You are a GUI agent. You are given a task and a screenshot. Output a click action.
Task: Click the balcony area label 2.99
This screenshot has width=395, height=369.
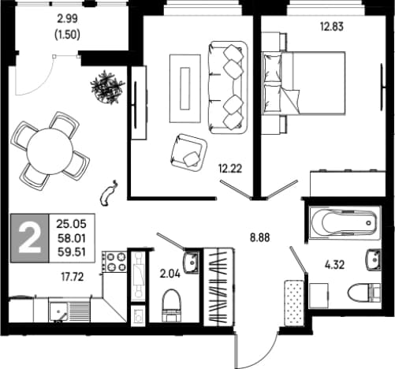click(x=67, y=19)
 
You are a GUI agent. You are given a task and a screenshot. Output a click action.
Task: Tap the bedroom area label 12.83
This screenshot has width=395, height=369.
click(x=332, y=27)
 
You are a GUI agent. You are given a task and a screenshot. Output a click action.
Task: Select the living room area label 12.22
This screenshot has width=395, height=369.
click(x=230, y=169)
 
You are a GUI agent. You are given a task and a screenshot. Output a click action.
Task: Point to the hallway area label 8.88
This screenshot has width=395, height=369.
click(x=259, y=237)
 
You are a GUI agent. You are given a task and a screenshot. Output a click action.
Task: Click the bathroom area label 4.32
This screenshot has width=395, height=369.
click(x=334, y=265)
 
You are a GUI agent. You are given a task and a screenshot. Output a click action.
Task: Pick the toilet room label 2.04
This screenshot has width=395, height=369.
click(x=170, y=274)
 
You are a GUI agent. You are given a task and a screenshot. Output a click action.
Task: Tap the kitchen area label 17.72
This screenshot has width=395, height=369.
click(x=73, y=277)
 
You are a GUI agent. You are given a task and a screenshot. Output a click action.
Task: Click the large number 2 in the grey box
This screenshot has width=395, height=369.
click(x=30, y=239)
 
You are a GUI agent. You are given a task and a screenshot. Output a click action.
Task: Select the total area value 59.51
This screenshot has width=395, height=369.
click(x=72, y=252)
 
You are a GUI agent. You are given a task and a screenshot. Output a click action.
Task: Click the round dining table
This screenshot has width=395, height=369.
click(x=50, y=151)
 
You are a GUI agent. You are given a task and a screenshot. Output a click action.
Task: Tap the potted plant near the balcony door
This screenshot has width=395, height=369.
click(x=107, y=87)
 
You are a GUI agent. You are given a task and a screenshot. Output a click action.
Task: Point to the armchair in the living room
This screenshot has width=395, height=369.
click(x=188, y=153)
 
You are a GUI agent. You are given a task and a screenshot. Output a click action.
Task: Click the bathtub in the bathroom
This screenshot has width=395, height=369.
click(x=345, y=223)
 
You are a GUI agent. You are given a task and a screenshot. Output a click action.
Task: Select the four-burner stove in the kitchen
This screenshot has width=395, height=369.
click(x=114, y=261)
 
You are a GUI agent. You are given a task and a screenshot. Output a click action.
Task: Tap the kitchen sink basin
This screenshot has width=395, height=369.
click(x=58, y=312)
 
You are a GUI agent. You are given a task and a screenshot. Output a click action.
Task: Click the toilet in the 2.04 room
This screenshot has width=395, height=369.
click(x=171, y=305)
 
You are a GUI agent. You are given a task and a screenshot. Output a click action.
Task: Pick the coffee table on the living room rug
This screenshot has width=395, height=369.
click(x=184, y=88)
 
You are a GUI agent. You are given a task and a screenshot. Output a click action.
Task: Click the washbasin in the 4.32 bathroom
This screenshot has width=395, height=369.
click(x=374, y=260)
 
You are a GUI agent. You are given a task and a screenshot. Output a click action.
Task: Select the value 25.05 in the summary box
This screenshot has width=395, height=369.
click(x=71, y=224)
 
